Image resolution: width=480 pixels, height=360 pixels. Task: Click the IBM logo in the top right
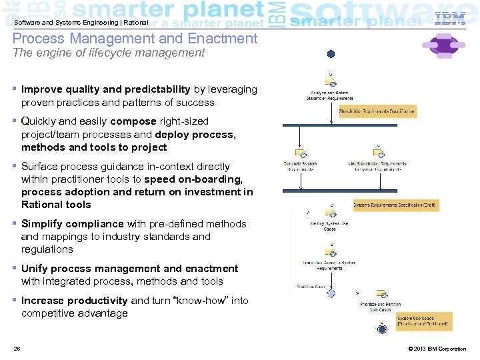(450, 19)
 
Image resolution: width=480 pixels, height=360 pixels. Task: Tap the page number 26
(17, 349)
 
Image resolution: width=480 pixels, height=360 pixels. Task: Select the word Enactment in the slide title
(223, 39)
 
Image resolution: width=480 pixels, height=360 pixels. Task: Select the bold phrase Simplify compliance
(72, 224)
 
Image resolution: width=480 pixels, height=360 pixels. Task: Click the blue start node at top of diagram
(331, 54)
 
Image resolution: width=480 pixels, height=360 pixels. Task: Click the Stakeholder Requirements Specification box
(377, 111)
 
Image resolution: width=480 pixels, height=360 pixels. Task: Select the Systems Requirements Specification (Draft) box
(395, 205)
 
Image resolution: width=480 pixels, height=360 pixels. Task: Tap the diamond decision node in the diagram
(331, 293)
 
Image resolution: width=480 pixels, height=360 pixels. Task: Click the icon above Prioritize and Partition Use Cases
(381, 293)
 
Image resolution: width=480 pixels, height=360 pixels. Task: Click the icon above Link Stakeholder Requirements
(377, 153)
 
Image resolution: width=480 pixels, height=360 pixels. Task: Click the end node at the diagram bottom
(382, 329)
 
